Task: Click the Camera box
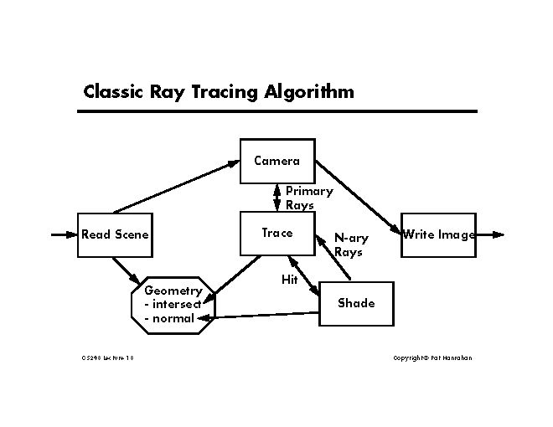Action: (x=277, y=160)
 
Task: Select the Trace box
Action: (x=277, y=234)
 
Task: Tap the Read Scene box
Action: (x=114, y=234)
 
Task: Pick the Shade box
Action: (x=356, y=303)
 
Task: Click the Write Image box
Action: (x=438, y=234)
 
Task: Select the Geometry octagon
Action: (x=173, y=304)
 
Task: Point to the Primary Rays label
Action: (x=308, y=198)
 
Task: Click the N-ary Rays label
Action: (x=351, y=244)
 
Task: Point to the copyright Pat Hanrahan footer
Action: (x=432, y=358)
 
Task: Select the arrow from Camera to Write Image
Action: (x=356, y=195)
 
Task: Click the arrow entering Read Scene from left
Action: (x=64, y=234)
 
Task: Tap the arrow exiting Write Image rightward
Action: (x=490, y=234)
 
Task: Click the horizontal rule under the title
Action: (x=280, y=111)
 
